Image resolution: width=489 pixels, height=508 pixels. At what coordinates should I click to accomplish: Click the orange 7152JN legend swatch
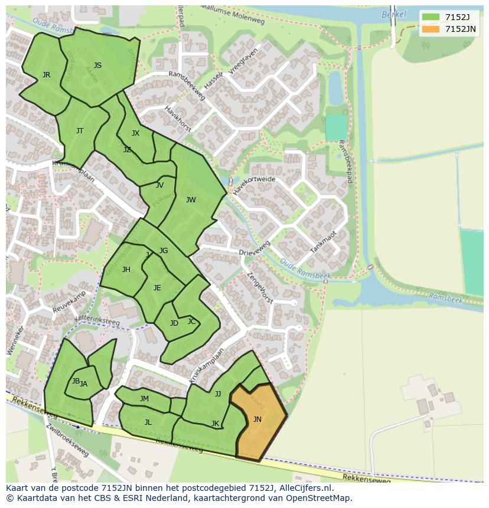tap(431, 29)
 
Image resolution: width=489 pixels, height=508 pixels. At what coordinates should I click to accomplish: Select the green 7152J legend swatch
tap(431, 17)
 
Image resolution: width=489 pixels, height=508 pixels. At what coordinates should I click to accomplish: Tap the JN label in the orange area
tap(257, 419)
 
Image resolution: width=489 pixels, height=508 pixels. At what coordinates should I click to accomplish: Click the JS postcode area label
tap(97, 65)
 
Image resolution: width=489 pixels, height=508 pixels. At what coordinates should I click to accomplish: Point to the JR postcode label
tap(46, 75)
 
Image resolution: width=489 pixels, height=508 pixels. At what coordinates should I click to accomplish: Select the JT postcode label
tap(80, 131)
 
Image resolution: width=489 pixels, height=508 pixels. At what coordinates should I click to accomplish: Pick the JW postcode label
tap(191, 200)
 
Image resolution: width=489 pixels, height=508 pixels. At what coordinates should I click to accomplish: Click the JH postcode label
tap(126, 270)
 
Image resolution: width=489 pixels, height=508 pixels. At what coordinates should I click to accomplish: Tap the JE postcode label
tap(157, 288)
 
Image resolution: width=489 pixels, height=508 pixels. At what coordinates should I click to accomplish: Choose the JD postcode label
tap(174, 323)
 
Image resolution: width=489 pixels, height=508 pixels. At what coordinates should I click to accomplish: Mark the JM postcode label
tap(144, 399)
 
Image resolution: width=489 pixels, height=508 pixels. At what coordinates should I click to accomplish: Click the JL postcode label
tap(148, 422)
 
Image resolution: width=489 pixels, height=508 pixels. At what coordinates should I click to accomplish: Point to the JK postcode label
tap(215, 424)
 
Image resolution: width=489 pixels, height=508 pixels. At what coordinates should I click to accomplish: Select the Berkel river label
tap(394, 14)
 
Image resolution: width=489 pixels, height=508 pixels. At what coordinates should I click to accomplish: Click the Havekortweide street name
tap(254, 185)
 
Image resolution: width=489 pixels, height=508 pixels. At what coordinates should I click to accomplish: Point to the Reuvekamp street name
tap(69, 301)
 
